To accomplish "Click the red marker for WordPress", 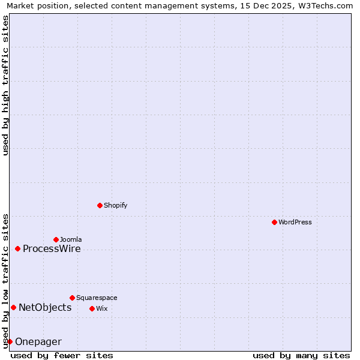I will [x=274, y=222].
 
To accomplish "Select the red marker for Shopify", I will [x=100, y=205].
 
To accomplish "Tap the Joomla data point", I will [x=56, y=239].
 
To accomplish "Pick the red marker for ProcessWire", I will [x=17, y=248].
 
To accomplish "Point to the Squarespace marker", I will [x=72, y=298].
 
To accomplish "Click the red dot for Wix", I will [x=92, y=308].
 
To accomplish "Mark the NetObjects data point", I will [x=13, y=308].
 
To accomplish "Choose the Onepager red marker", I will [x=10, y=341].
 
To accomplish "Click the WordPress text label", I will [x=295, y=222].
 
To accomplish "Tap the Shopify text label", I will [x=116, y=205].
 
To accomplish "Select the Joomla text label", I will [x=71, y=239].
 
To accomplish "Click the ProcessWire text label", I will [x=52, y=249].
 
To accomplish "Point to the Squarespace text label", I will [x=97, y=298].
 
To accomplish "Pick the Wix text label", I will [x=101, y=308].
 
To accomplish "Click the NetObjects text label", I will [x=45, y=308].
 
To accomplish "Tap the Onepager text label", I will [x=38, y=342].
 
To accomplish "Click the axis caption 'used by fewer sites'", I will [x=62, y=355].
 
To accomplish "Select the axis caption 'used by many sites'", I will [x=301, y=355].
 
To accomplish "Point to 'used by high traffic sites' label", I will [x=6, y=85].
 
